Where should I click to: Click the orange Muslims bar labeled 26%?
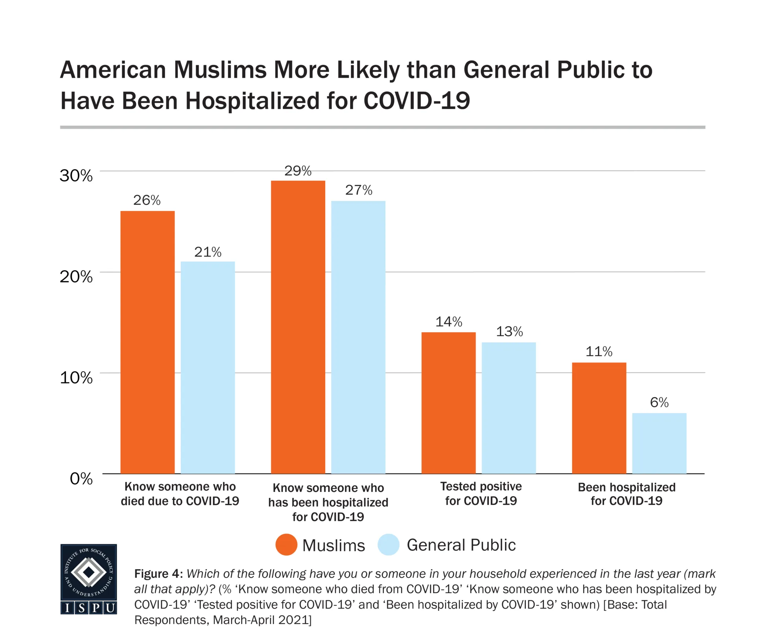[x=147, y=342]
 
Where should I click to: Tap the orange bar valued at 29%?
[x=298, y=327]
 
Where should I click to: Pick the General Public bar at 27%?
[x=358, y=337]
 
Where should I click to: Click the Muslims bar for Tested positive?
[x=448, y=403]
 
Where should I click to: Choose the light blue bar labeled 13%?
[x=509, y=408]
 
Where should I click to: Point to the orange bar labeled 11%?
[x=599, y=418]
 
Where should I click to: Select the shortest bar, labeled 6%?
[x=659, y=443]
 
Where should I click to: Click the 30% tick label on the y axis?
[x=76, y=175]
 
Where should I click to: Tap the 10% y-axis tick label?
[x=76, y=378]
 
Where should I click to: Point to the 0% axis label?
[x=81, y=479]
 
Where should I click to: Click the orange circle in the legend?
[x=286, y=545]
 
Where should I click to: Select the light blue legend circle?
[x=388, y=545]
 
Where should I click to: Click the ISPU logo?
[x=89, y=579]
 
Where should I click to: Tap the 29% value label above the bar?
[x=298, y=171]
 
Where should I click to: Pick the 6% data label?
[x=659, y=402]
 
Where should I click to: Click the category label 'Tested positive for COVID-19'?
[x=481, y=493]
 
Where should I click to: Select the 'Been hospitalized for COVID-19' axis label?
[x=627, y=494]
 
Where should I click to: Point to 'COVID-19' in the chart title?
[x=417, y=101]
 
